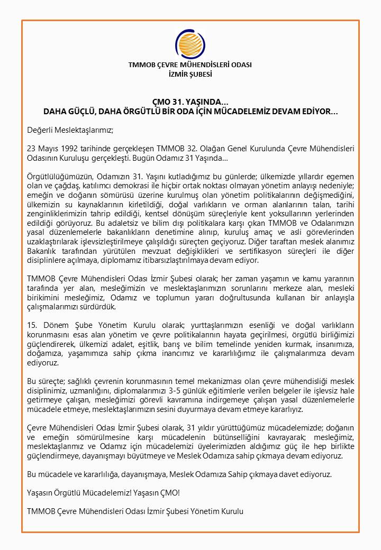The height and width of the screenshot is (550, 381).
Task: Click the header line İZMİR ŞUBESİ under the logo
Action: point(190,75)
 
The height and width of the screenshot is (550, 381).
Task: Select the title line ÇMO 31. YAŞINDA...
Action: point(190,103)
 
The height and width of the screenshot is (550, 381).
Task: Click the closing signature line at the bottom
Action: point(135,511)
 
